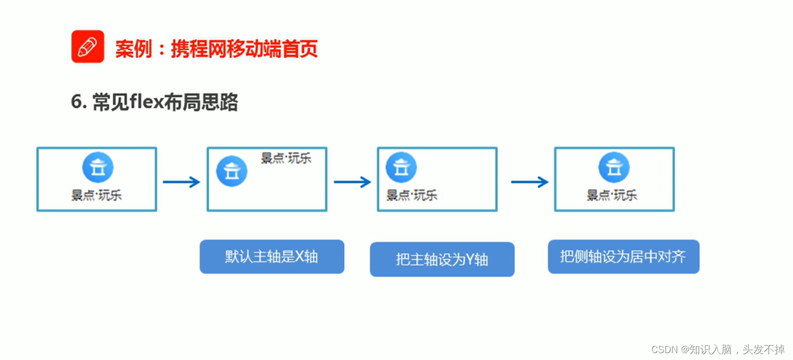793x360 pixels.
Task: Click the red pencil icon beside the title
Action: point(88,47)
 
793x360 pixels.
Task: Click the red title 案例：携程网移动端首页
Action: point(216,49)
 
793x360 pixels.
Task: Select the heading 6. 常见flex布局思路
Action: point(154,102)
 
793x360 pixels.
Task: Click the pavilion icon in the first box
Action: point(98,167)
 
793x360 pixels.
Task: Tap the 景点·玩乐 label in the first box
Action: point(97,195)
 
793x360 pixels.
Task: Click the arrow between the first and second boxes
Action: point(181,182)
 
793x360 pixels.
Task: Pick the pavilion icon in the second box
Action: point(232,171)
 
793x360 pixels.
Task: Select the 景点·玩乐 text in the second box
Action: point(286,158)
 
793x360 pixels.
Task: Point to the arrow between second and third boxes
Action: point(352,182)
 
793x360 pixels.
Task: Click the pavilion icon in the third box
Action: point(401,167)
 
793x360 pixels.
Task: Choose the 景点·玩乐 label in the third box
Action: point(412,195)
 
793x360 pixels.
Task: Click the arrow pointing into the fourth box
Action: point(529,182)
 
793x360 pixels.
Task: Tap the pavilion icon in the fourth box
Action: point(614,167)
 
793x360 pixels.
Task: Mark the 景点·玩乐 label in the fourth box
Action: point(612,195)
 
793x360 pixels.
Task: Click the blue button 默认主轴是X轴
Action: point(272,257)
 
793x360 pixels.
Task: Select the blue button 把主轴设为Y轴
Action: point(442,259)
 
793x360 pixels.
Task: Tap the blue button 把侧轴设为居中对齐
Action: point(623,257)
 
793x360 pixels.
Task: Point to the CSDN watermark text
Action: point(718,349)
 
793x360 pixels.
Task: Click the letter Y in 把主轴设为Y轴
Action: point(470,260)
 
